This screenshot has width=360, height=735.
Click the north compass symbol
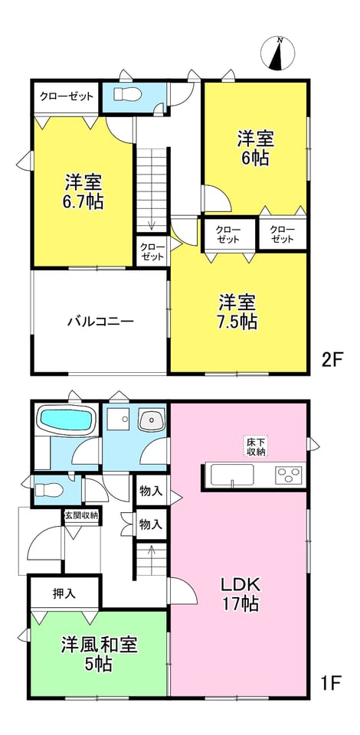(278, 54)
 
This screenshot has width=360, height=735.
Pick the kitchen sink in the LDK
(233, 475)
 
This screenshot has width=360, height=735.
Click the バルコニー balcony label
(101, 322)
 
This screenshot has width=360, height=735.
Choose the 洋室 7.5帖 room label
(237, 312)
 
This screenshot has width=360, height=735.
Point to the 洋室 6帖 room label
(255, 148)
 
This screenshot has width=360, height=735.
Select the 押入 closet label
(64, 594)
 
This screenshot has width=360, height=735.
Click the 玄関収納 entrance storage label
(81, 515)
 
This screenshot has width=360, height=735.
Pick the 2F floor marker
(333, 360)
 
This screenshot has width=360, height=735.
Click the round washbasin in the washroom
(151, 420)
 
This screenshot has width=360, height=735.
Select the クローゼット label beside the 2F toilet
(66, 97)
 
